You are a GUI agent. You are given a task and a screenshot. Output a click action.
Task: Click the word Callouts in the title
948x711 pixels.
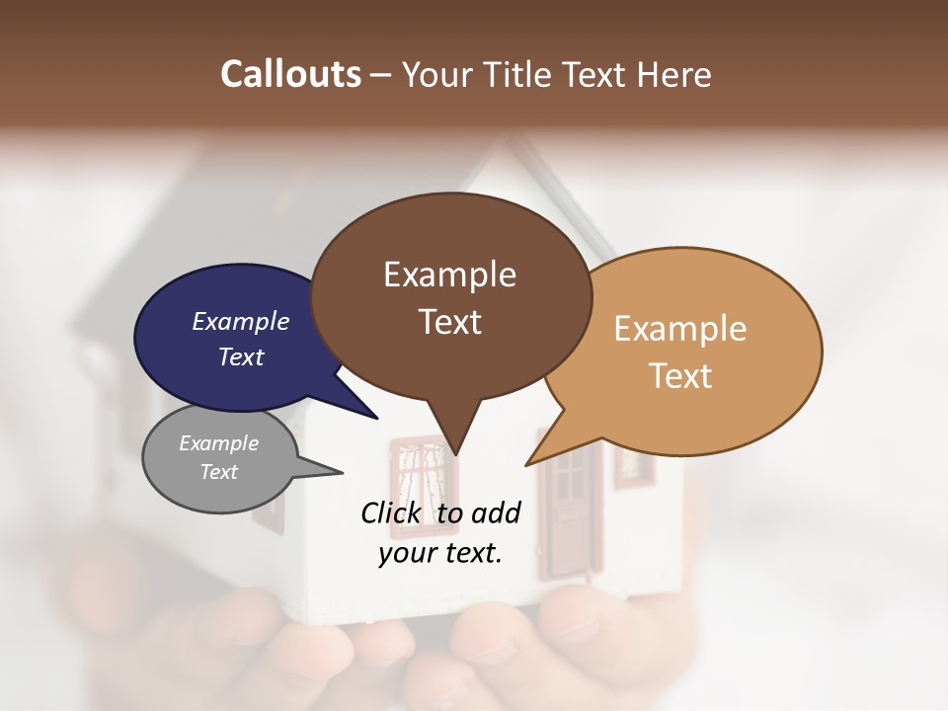[x=290, y=74]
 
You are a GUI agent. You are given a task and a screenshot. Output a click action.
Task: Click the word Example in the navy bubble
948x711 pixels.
[x=240, y=321]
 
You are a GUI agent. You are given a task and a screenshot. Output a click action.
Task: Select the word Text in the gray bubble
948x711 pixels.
[x=218, y=472]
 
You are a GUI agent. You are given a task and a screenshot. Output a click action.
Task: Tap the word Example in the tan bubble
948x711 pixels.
[x=679, y=329]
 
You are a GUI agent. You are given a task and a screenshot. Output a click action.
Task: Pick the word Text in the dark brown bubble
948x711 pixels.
[x=450, y=322]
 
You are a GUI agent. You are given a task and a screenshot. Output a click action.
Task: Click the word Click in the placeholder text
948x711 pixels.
[x=392, y=513]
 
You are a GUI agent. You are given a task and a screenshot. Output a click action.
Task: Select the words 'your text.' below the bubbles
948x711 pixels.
[x=439, y=553]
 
